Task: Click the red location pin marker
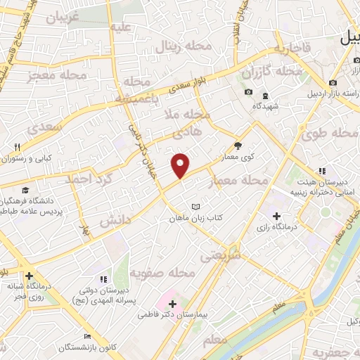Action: click(181, 166)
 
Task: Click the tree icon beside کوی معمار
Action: click(238, 146)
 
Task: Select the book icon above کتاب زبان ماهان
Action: click(196, 207)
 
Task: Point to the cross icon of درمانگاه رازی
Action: click(276, 217)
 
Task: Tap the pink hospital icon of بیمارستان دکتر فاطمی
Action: click(172, 304)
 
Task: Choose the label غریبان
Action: click(63, 18)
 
